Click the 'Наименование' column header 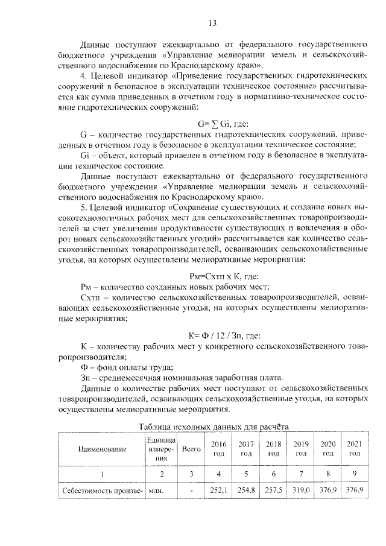coord(101,449)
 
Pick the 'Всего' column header coord(191,449)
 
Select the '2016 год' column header coord(218,449)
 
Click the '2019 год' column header coord(300,449)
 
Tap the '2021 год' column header coord(353,449)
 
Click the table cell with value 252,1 coord(218,490)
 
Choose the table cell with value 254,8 coord(245,490)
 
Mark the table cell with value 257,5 coord(273,490)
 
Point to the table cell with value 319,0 coord(300,490)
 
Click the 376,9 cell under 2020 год coord(327,490)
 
